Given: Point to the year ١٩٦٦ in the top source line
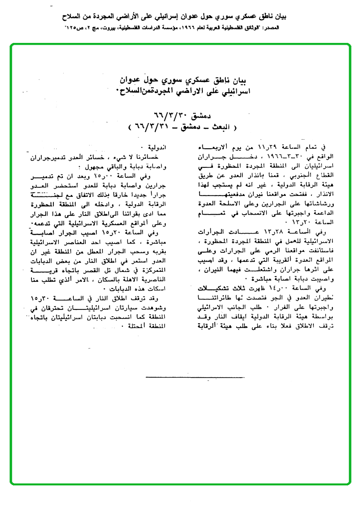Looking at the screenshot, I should pyautogui.click(x=201, y=29).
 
